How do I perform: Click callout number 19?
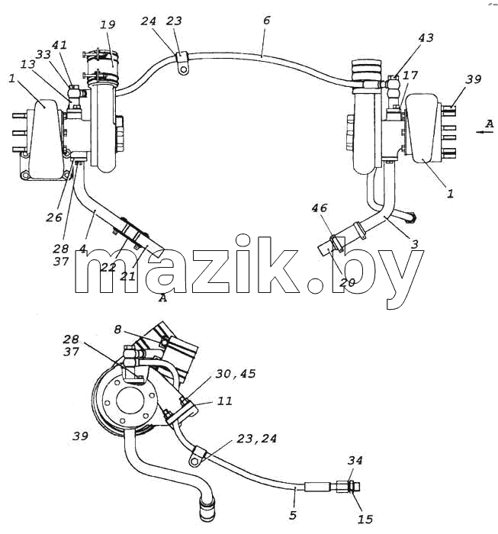[x=108, y=24]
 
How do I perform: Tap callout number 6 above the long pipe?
[x=266, y=21]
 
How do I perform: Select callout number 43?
[x=426, y=37]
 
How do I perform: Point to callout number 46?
[x=320, y=207]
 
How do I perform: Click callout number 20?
[x=347, y=282]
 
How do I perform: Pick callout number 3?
[x=414, y=244]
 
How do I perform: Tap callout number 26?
[x=54, y=217]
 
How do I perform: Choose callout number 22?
[x=108, y=267]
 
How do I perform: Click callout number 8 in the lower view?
[x=117, y=330]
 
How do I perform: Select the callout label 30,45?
[x=236, y=374]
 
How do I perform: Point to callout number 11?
[x=225, y=400]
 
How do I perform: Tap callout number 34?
[x=355, y=461]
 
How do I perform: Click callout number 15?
[x=365, y=520]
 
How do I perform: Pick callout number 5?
[x=293, y=515]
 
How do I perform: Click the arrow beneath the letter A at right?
[x=484, y=132]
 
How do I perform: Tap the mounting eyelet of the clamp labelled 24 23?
[x=184, y=70]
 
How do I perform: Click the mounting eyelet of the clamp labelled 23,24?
[x=194, y=462]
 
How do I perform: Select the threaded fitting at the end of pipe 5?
[x=348, y=487]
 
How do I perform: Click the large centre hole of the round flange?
[x=129, y=400]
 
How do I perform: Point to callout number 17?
[x=410, y=75]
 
